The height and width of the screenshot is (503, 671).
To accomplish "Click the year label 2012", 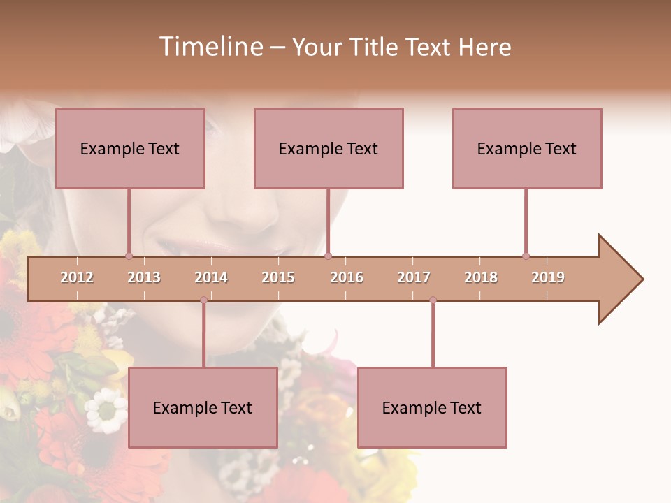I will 77,277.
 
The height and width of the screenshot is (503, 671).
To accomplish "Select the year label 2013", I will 144,277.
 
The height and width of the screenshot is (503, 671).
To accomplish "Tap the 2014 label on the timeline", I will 211,277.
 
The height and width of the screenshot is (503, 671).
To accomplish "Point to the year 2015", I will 278,277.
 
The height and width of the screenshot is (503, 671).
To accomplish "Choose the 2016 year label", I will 347,277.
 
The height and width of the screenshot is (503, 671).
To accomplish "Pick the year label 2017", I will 414,277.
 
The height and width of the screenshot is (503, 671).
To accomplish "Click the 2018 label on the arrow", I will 481,277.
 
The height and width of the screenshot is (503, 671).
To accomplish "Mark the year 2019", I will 548,277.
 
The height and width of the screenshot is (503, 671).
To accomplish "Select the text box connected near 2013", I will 130,149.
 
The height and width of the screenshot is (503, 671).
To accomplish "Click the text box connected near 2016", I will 329,149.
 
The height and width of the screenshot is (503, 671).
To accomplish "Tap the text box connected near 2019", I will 527,149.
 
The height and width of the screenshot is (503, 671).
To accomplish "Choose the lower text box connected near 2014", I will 203,408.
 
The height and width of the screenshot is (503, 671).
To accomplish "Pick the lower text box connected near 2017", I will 432,408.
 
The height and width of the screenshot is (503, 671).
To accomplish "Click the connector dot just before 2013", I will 129,256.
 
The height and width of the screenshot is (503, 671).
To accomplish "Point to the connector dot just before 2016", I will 328,256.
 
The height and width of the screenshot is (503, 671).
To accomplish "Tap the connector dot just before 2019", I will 526,256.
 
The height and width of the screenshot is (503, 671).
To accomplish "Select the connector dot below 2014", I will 203,300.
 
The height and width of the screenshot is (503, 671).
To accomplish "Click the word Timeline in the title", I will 210,47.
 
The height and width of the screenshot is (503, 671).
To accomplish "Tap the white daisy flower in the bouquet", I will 106,411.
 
